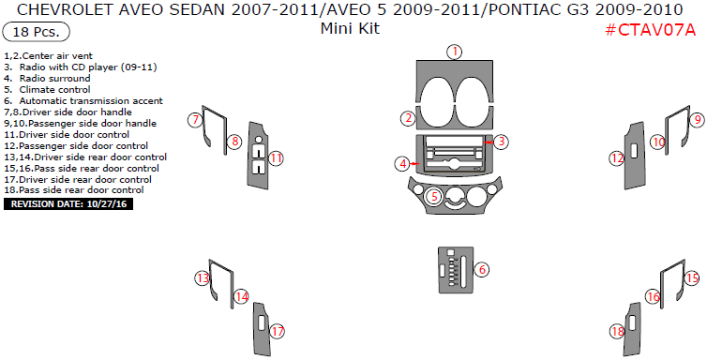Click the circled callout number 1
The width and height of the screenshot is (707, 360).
tap(455, 52)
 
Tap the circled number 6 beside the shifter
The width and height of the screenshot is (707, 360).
tap(481, 270)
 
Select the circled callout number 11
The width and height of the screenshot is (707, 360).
tap(276, 158)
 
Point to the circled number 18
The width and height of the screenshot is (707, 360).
tap(616, 331)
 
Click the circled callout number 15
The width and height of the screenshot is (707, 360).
tap(692, 278)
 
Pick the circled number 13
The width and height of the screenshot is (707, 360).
tap(201, 277)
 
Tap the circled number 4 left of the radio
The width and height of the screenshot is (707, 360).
tap(402, 163)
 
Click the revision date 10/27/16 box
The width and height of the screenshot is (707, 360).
tap(68, 202)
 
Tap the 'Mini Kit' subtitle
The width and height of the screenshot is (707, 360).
tap(349, 28)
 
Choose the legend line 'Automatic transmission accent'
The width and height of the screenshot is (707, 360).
tap(90, 100)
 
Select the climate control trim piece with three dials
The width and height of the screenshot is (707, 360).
tap(453, 200)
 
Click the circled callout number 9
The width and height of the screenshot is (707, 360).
tap(697, 120)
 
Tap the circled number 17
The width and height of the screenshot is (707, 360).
tap(277, 331)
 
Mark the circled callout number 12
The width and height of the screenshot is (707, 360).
tap(616, 158)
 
